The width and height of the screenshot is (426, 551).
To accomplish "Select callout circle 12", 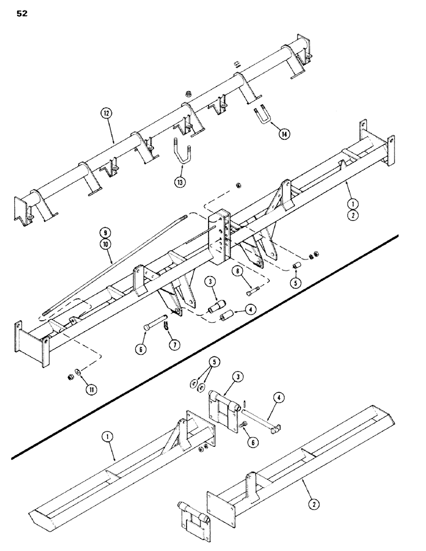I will click(x=106, y=114).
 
